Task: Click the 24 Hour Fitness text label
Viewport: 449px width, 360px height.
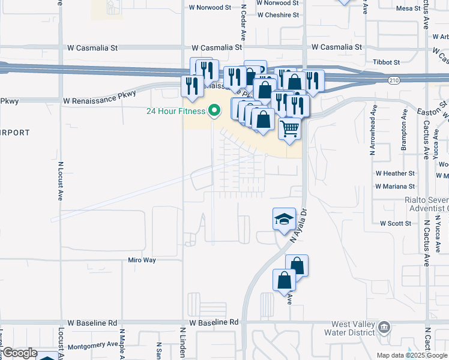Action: [176, 111]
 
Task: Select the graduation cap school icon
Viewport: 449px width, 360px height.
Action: [284, 219]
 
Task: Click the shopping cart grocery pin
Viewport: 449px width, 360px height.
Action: [290, 128]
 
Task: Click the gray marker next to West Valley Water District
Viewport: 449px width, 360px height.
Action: [385, 328]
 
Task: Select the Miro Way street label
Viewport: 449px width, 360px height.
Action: [142, 260]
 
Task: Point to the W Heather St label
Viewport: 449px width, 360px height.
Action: [395, 173]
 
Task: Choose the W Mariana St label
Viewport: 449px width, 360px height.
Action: [395, 186]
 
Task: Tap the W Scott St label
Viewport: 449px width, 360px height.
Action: [395, 223]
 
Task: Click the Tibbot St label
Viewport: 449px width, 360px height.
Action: [385, 62]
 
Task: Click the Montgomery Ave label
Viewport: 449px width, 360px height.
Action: [92, 345]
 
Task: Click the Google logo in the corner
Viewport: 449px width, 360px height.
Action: [20, 353]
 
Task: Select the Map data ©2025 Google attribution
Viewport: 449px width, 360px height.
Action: [411, 355]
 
